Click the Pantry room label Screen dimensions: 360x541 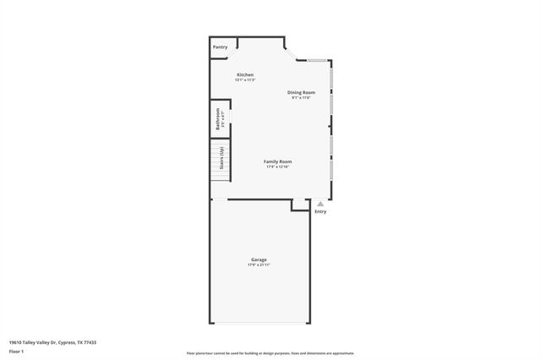pos(220,47)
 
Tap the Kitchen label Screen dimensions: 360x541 pos(245,74)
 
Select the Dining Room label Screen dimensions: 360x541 pos(301,91)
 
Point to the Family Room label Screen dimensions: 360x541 pos(278,161)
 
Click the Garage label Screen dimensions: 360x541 pos(259,259)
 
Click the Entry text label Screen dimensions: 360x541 pos(320,211)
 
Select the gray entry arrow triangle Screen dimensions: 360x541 pos(320,204)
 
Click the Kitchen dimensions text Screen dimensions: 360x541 pos(245,79)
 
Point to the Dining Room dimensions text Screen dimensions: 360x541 pos(301,97)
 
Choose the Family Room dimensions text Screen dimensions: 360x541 pos(278,166)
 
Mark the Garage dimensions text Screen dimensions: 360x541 pos(259,265)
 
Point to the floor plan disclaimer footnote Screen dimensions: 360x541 pos(270,353)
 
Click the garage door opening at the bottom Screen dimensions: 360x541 pos(260,322)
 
